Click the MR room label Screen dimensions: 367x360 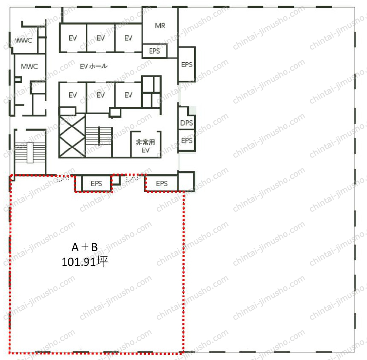pyautogui.click(x=160, y=26)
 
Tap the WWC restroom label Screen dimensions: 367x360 pyautogui.click(x=24, y=41)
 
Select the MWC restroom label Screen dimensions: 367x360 pyautogui.click(x=30, y=67)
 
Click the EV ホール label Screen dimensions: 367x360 pyautogui.click(x=94, y=66)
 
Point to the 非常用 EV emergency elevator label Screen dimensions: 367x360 pyautogui.click(x=145, y=146)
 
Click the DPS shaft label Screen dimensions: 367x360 pyautogui.click(x=186, y=123)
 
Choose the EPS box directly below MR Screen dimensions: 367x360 pyautogui.click(x=155, y=51)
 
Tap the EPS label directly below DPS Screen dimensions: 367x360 pyautogui.click(x=187, y=140)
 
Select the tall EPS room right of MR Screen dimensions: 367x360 pyautogui.click(x=186, y=64)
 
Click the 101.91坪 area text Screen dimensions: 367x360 pyautogui.click(x=84, y=262)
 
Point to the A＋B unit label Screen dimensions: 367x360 pyautogui.click(x=84, y=247)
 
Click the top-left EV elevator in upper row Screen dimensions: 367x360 pyautogui.click(x=73, y=38)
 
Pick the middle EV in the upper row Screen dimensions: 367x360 pyautogui.click(x=101, y=38)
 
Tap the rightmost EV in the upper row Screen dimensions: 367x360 pyautogui.click(x=128, y=38)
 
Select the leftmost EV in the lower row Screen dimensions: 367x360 pyautogui.click(x=73, y=95)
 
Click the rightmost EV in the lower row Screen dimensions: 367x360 pyautogui.click(x=128, y=95)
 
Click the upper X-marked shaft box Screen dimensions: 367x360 pyautogui.click(x=72, y=126)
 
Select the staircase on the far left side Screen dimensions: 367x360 pyautogui.click(x=30, y=153)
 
